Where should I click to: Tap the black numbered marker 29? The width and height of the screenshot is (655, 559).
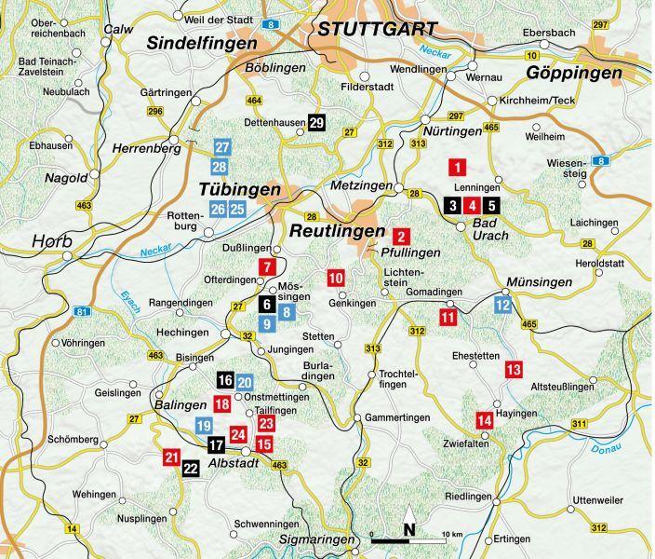(316, 123)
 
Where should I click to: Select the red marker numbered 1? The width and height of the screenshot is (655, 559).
(457, 168)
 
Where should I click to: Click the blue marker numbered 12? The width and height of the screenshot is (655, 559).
(502, 304)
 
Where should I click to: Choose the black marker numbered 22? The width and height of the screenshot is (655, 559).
(190, 469)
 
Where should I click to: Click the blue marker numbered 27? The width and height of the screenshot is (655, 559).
(221, 148)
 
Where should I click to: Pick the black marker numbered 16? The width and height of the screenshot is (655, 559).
(224, 380)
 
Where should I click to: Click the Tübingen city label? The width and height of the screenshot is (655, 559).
(239, 189)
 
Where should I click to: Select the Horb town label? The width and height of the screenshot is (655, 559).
(52, 241)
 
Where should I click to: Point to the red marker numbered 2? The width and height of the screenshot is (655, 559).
(401, 236)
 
